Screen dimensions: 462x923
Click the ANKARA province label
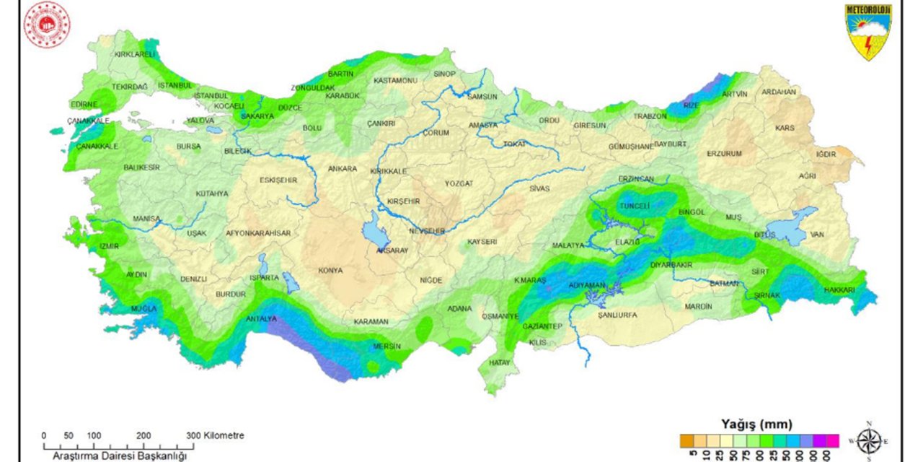point(343,169)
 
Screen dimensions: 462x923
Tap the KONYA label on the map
point(330,271)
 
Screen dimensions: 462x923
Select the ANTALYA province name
point(261,318)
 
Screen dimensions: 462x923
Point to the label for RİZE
point(691,105)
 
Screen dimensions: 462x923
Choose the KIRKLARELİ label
point(135,54)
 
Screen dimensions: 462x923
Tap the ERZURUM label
point(724,154)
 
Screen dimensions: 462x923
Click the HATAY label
point(499,363)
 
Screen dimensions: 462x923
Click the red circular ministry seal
point(47,25)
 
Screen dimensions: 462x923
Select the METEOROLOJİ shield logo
point(868,31)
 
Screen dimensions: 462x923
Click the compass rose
point(869,440)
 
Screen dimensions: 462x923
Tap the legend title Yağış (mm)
point(756,424)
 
